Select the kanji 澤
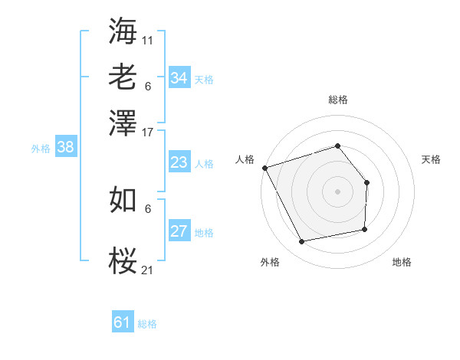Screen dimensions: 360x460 click(x=123, y=123)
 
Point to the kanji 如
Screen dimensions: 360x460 click(x=123, y=200)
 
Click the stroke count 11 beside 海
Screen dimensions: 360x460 click(x=148, y=38)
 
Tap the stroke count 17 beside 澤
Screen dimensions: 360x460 click(x=148, y=131)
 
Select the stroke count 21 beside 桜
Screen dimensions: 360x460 click(x=148, y=270)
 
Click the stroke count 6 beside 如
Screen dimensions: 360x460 click(x=148, y=208)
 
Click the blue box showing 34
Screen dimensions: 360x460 click(x=179, y=78)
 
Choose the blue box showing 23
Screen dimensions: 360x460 click(x=179, y=162)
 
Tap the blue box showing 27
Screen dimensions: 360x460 click(x=179, y=231)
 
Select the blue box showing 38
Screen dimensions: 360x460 click(x=65, y=148)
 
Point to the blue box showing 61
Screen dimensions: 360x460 click(x=122, y=322)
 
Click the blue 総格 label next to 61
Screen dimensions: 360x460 click(x=147, y=324)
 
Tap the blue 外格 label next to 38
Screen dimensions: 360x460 click(x=41, y=149)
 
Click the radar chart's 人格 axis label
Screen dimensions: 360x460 click(x=245, y=159)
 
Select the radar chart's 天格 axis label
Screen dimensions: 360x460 click(x=431, y=159)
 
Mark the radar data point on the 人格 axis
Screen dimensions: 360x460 click(x=264, y=168)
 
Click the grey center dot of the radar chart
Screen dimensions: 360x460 click(x=337, y=191)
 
